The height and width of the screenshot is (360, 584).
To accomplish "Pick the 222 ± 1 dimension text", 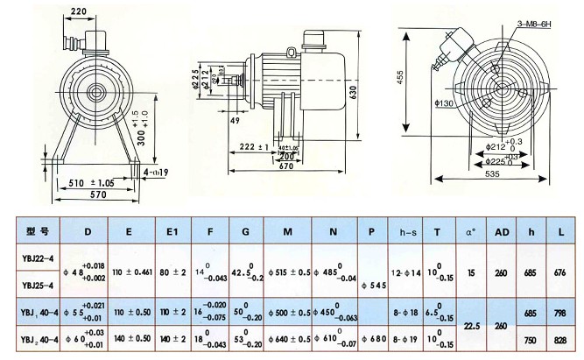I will click(x=251, y=146).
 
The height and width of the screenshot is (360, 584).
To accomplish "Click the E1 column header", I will click(x=174, y=232).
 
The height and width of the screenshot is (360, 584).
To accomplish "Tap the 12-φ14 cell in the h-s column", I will click(x=409, y=272).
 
